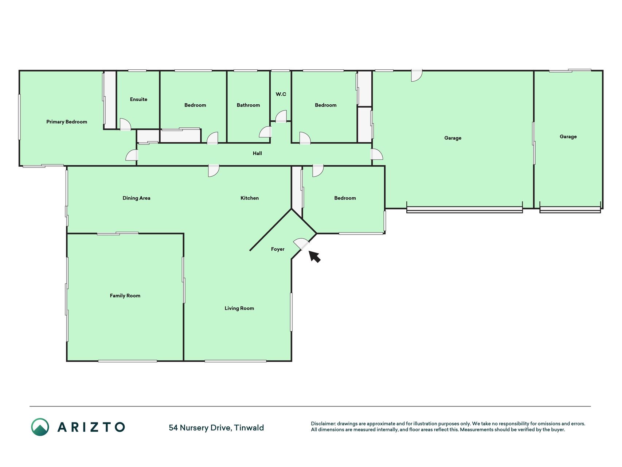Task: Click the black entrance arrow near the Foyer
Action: [314, 256]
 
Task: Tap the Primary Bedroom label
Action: [67, 122]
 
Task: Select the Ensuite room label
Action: [138, 99]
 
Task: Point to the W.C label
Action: [281, 94]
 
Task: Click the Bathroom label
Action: [248, 105]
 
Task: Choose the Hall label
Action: [257, 153]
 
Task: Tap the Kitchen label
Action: [250, 198]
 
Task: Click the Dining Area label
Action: [136, 198]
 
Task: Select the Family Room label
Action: [125, 296]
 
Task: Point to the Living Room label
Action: [239, 308]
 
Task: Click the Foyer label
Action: [278, 249]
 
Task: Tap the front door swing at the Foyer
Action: [302, 244]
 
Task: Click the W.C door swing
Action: [281, 116]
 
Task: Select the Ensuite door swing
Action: [125, 124]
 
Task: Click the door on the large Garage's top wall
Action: [416, 75]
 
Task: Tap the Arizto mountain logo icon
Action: [40, 427]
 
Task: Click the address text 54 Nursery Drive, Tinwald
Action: [216, 428]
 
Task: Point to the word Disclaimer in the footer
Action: [323, 424]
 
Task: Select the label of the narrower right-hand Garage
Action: [568, 137]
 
